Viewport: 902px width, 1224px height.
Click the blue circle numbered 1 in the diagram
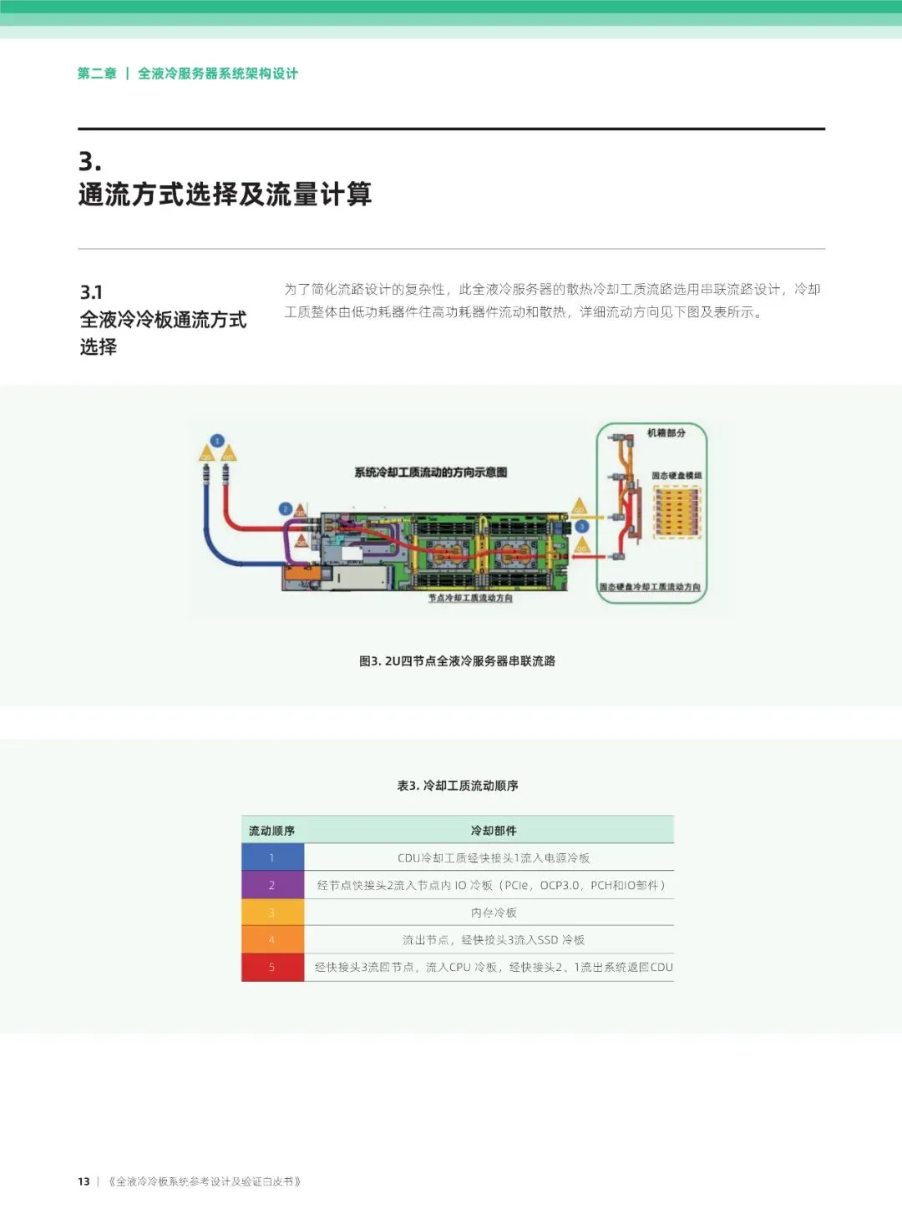pyautogui.click(x=217, y=441)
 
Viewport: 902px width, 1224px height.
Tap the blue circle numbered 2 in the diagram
pyautogui.click(x=286, y=508)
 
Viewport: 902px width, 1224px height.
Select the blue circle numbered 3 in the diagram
pyautogui.click(x=582, y=526)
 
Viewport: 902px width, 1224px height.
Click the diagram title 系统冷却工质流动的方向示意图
pyautogui.click(x=430, y=473)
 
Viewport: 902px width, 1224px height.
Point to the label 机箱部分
pyautogui.click(x=666, y=432)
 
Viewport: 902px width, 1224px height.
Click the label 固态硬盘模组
pyautogui.click(x=676, y=475)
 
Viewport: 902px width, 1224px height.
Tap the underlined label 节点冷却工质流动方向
pyautogui.click(x=470, y=598)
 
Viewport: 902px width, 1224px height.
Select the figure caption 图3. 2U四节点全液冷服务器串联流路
pyautogui.click(x=457, y=660)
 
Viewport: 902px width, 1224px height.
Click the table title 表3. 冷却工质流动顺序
pyautogui.click(x=458, y=786)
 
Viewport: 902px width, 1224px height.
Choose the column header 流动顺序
pyautogui.click(x=271, y=831)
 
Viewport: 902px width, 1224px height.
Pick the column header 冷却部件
pyautogui.click(x=494, y=831)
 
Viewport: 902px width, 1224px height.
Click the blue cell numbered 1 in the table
pyautogui.click(x=272, y=857)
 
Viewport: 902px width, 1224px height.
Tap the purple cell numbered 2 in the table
pyautogui.click(x=272, y=885)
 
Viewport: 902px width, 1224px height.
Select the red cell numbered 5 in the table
pyautogui.click(x=272, y=967)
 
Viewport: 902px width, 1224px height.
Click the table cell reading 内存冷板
pyautogui.click(x=494, y=913)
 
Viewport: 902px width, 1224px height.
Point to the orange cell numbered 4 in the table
pyautogui.click(x=272, y=940)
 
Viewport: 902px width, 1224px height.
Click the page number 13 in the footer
pyautogui.click(x=84, y=1181)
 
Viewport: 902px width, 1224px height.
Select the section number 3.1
pyautogui.click(x=91, y=292)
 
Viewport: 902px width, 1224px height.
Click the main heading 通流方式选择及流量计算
pyautogui.click(x=225, y=195)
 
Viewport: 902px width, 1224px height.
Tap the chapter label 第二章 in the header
pyautogui.click(x=97, y=73)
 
